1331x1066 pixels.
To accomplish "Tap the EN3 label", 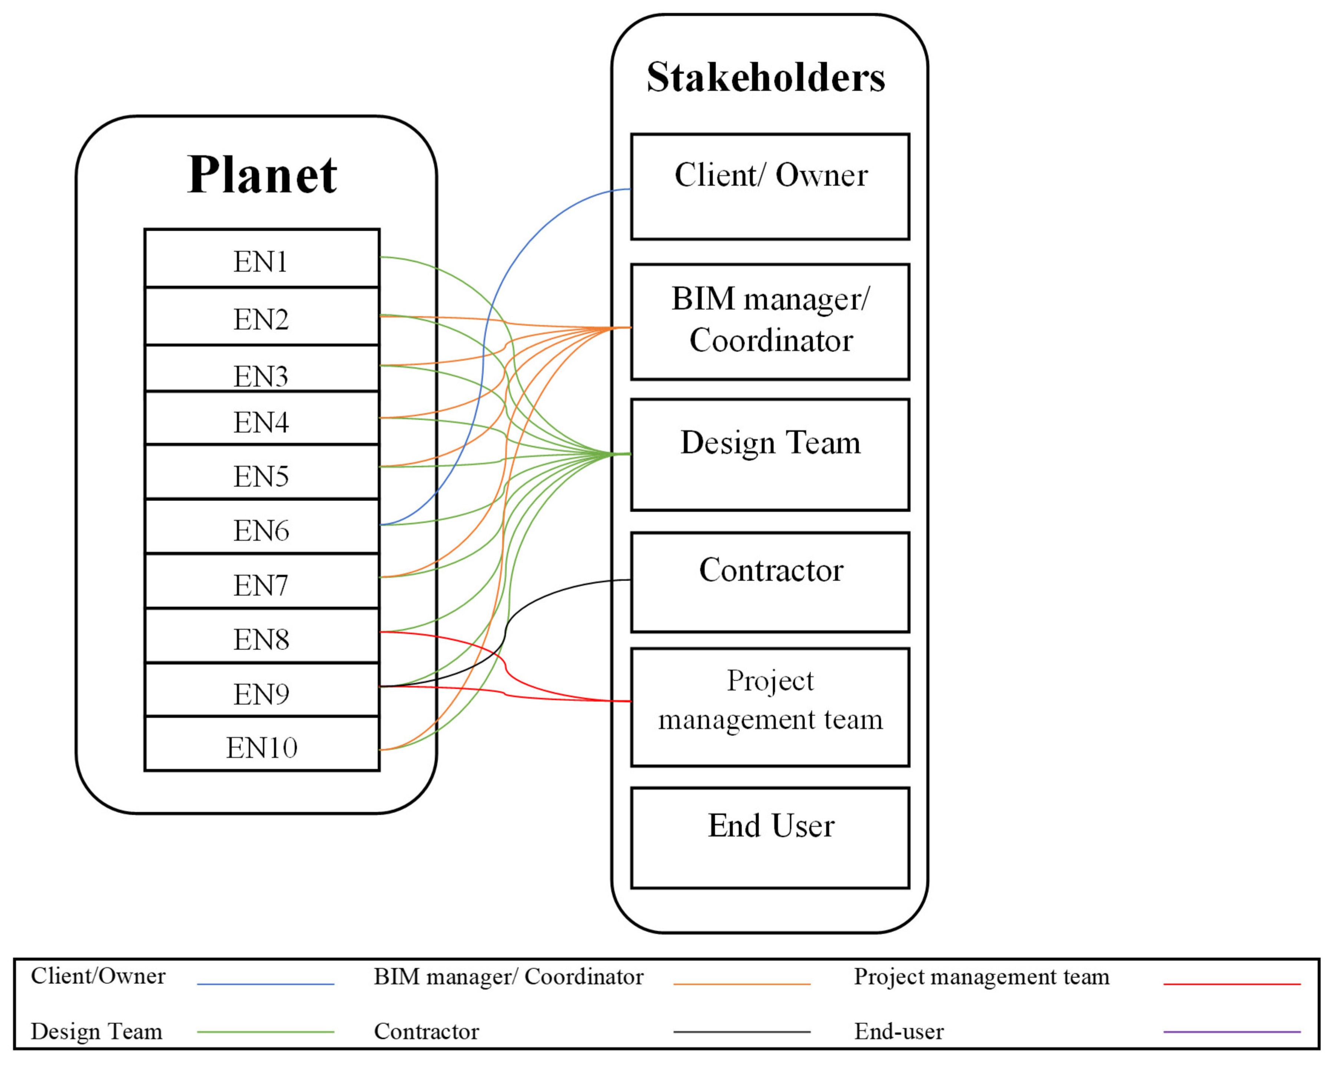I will (260, 376).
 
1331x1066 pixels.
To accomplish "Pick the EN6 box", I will (262, 528).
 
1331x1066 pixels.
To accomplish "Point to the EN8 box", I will (262, 637).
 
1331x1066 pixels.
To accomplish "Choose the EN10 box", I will (262, 745).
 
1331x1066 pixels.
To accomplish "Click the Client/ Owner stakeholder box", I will (770, 186).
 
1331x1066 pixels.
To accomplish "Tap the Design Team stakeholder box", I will (770, 454).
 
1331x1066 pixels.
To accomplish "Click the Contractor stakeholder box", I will (770, 582).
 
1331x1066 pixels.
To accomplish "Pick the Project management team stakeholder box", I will (770, 707).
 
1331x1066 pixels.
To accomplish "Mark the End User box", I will (770, 838).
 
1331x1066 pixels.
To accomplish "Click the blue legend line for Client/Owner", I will (265, 984).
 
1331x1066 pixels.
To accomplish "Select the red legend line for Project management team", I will (1232, 984).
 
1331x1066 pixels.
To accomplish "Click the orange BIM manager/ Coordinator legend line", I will (741, 984).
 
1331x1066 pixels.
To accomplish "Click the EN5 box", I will (262, 474).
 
